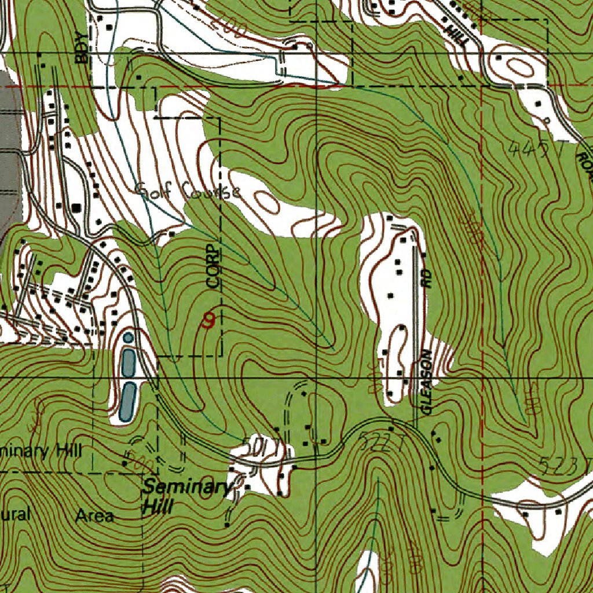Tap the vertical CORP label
pyautogui.click(x=214, y=266)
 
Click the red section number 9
pyautogui.click(x=208, y=320)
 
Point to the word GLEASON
pyautogui.click(x=427, y=382)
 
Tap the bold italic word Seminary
pyautogui.click(x=186, y=487)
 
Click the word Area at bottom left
pyautogui.click(x=95, y=515)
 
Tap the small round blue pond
pyautogui.click(x=127, y=337)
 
